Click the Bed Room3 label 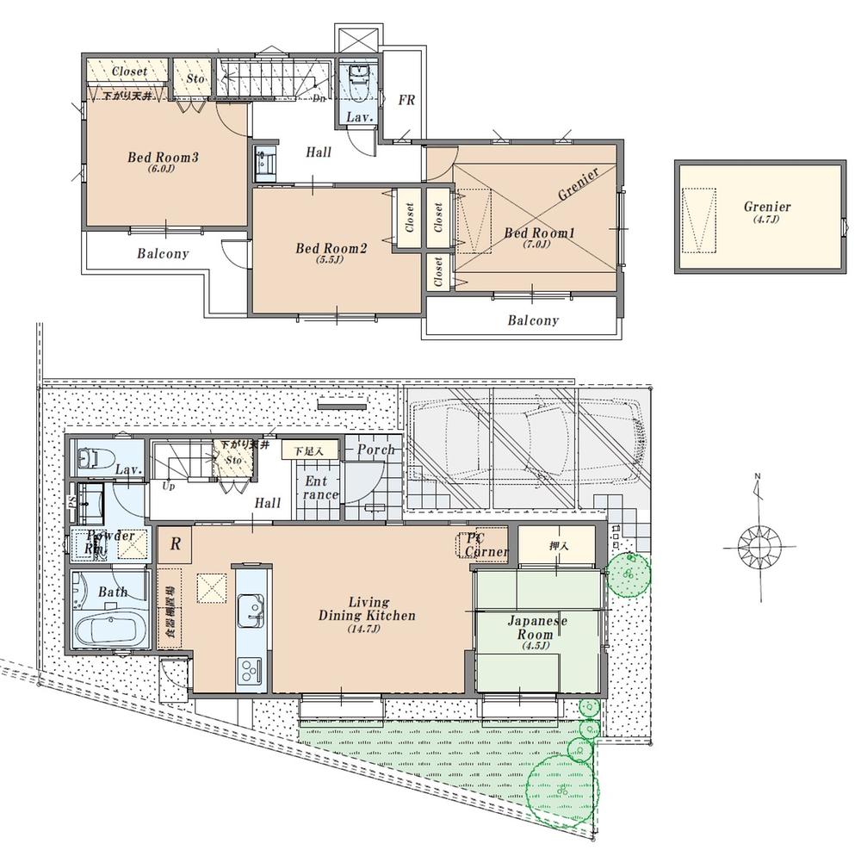point(164,158)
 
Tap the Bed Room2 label point(331,249)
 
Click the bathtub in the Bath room point(112,630)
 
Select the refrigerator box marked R point(175,543)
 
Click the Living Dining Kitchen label point(368,609)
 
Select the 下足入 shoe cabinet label point(302,450)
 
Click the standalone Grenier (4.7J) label point(767,207)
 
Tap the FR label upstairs point(406,101)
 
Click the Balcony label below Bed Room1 point(532,320)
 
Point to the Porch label point(375,450)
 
